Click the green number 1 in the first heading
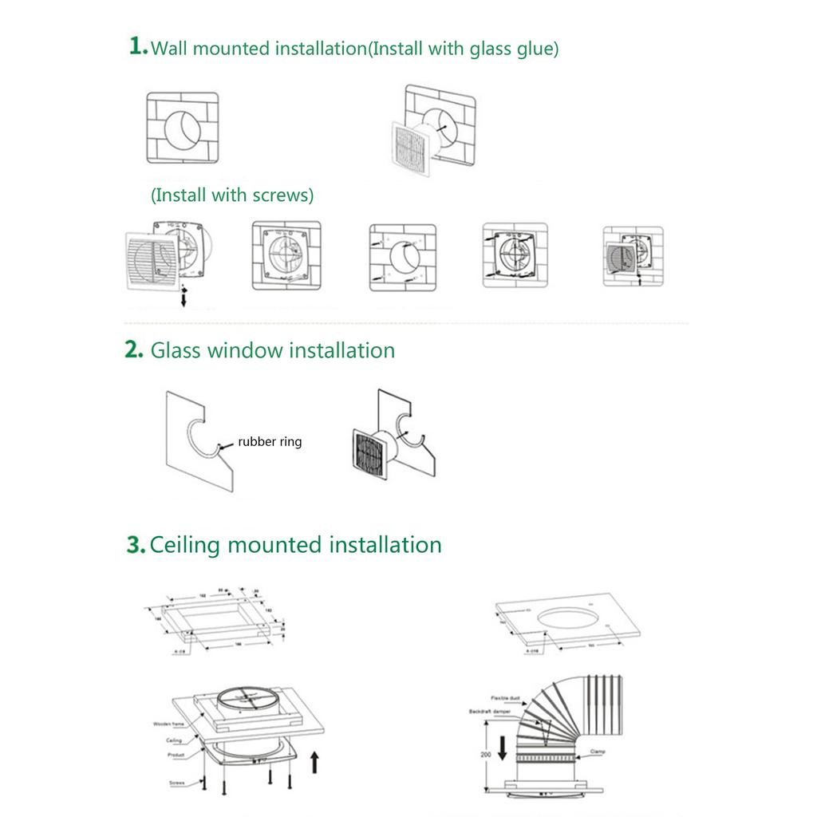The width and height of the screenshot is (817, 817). pos(137,45)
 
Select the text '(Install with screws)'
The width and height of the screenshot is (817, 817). pos(232,195)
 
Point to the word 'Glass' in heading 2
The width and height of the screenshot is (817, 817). pos(176,350)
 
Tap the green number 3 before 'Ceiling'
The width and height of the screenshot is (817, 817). pos(136,545)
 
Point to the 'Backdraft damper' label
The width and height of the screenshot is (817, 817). pos(490,710)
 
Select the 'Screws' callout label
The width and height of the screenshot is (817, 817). pos(177,783)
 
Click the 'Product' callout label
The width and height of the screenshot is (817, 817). pos(176,754)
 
